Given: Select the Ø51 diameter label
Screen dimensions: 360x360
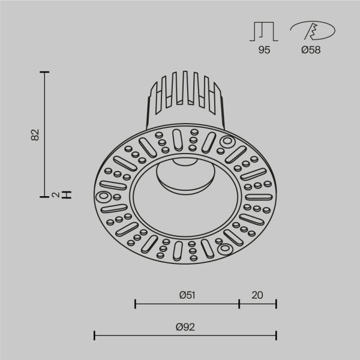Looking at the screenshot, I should click(x=187, y=295).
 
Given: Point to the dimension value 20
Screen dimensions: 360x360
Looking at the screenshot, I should click(x=257, y=295).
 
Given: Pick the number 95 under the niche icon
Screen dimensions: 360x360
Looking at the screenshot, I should click(x=264, y=50).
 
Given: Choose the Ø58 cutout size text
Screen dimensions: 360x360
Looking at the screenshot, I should click(x=310, y=50).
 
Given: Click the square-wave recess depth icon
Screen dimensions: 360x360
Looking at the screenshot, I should click(x=264, y=31).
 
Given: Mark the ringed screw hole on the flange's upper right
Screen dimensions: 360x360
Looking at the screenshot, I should click(x=227, y=142).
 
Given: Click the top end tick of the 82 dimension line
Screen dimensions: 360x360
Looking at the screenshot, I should click(x=44, y=72).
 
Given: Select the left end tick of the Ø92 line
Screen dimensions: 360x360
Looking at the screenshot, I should click(x=95, y=335).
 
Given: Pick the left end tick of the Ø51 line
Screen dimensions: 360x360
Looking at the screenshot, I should click(x=135, y=304).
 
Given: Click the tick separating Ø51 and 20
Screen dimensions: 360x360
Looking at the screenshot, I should click(x=239, y=304).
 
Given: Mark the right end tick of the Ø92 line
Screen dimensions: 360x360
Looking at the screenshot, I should click(x=276, y=335).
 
